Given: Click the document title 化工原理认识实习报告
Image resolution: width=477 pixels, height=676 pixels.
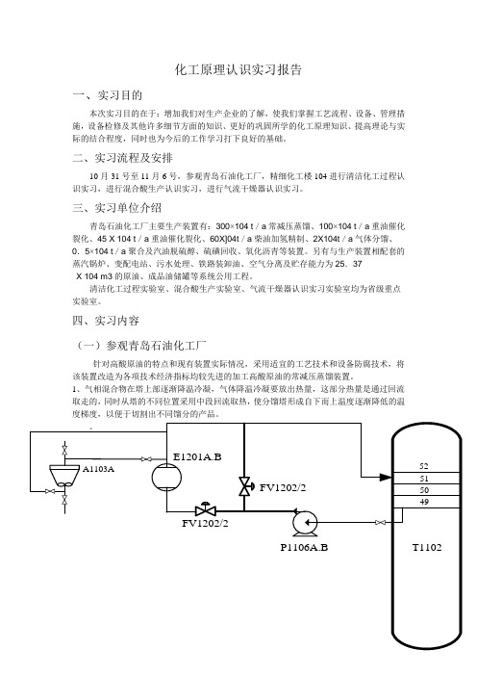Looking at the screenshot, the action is [238, 69].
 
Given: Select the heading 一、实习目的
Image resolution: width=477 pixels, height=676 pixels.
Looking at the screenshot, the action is [107, 95].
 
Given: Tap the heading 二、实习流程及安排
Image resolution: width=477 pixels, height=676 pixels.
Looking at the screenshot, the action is [123, 158].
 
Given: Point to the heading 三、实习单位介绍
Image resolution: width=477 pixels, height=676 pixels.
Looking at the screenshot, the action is [117, 208].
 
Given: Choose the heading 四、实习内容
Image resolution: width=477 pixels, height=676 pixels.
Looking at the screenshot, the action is [106, 321].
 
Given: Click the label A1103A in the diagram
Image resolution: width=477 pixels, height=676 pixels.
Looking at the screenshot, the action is [98, 469].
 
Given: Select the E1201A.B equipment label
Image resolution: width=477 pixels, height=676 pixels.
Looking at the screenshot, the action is [197, 456].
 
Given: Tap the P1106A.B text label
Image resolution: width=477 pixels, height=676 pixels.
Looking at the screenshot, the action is [304, 548].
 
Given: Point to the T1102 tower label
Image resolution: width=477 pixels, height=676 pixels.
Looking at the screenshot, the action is [427, 548].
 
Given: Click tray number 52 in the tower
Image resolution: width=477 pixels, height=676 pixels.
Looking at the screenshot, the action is [424, 466].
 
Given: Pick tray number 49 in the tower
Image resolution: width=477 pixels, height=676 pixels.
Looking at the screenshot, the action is [424, 502].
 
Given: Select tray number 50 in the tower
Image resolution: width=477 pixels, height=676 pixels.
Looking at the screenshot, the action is [424, 490].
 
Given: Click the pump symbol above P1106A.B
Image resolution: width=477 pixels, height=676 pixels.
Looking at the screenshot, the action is [304, 523].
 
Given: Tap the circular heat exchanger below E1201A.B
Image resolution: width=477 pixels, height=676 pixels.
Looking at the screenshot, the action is [166, 477].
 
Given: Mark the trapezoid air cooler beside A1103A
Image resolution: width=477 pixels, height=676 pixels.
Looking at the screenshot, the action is [64, 476].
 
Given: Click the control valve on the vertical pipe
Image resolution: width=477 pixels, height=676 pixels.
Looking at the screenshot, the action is [245, 486].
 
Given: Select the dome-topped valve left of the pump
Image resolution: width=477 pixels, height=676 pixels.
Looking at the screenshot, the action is [206, 509].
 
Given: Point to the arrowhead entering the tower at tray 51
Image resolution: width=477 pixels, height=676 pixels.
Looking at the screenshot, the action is [386, 477].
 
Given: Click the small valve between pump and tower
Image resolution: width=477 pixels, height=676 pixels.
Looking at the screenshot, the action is [380, 523].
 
